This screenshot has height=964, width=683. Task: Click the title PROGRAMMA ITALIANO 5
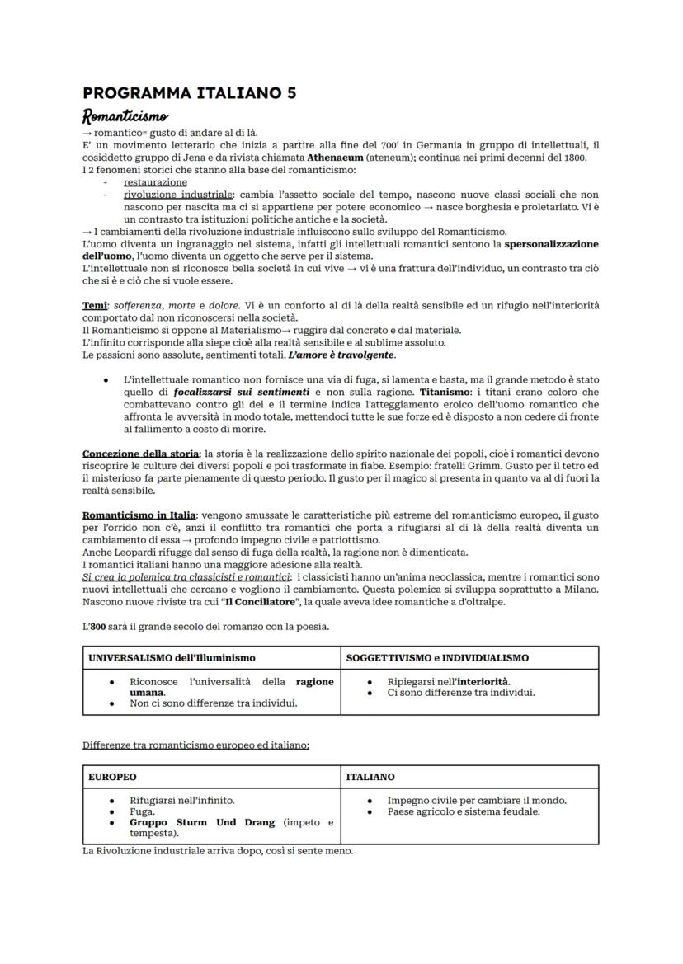(x=189, y=93)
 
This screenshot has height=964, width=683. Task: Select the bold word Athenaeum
(x=330, y=158)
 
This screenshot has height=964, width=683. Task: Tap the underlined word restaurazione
(x=155, y=182)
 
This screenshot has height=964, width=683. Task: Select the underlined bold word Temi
(x=95, y=306)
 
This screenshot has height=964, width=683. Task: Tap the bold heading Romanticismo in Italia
(x=139, y=515)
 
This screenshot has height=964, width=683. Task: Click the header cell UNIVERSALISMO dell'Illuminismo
(x=172, y=658)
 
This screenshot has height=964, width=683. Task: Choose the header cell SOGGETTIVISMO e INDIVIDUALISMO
(x=437, y=658)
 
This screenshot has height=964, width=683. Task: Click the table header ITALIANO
(x=370, y=777)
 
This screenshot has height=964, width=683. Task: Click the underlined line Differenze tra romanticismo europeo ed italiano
(x=195, y=745)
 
